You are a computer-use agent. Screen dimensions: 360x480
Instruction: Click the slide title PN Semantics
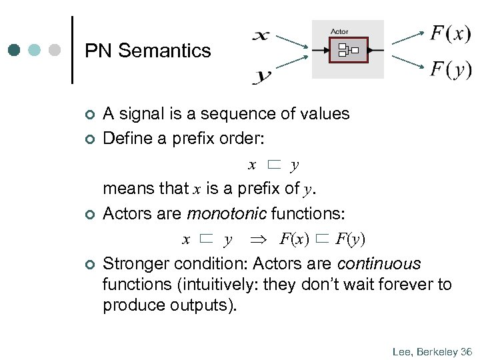(148, 51)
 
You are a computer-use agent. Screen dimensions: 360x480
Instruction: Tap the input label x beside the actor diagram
(261, 35)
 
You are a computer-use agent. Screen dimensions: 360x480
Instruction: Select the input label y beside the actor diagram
(261, 76)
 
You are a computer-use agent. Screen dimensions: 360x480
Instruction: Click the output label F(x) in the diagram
(450, 33)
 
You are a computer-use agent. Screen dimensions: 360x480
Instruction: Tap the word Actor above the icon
(339, 31)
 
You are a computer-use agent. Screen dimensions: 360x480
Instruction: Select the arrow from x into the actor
(290, 41)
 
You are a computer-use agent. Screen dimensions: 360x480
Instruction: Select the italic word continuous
(379, 264)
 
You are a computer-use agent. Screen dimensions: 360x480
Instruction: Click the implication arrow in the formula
(257, 239)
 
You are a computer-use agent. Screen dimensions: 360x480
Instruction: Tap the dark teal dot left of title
(15, 50)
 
